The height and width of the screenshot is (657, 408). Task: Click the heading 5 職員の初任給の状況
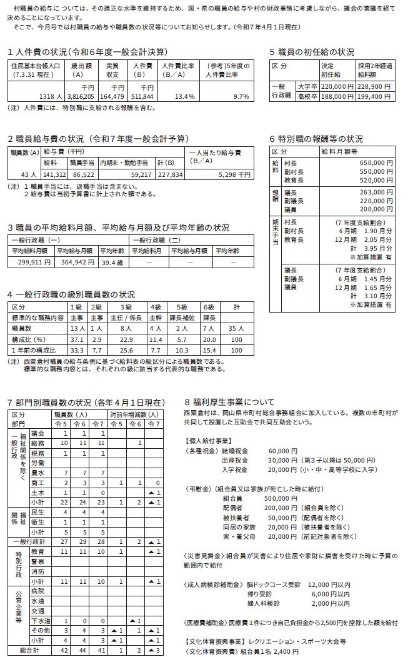coord(311,52)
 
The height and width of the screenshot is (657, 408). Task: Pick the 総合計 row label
coord(29,650)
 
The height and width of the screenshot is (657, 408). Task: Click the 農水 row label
coord(37,473)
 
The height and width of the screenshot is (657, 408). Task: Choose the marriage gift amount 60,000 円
coord(282,450)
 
